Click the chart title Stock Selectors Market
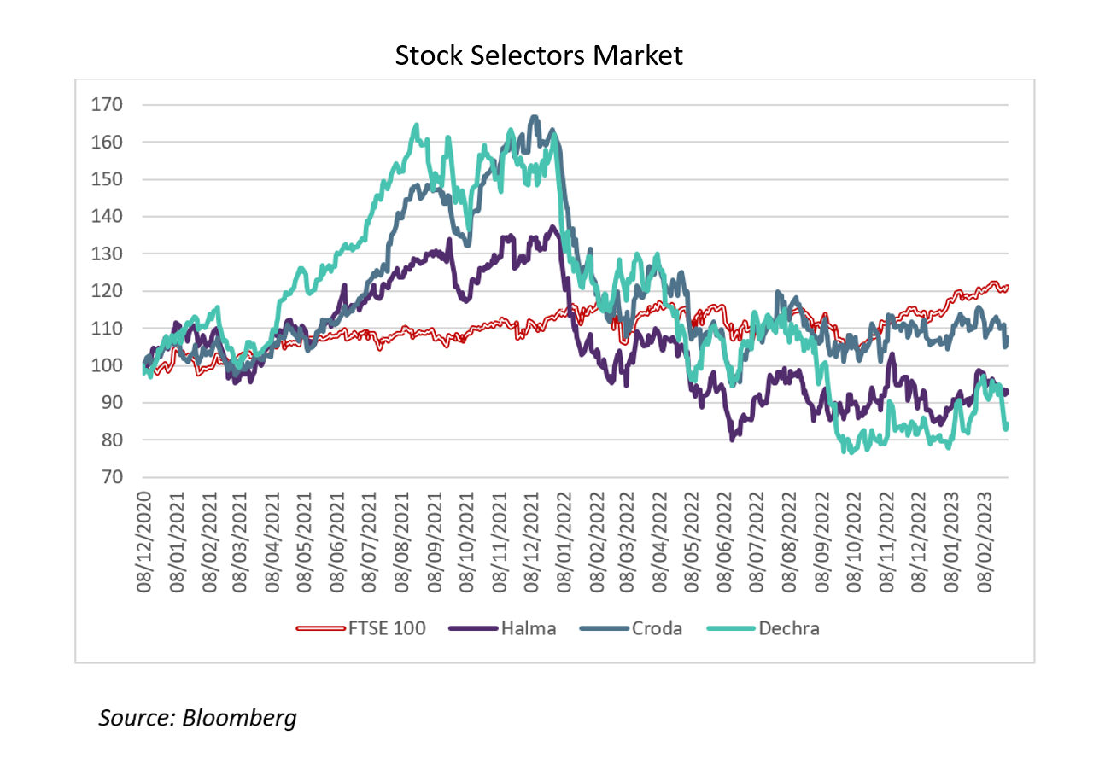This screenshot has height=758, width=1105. coord(539,56)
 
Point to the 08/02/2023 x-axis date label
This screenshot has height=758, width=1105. coord(991,541)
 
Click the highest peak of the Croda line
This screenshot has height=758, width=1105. coord(535,117)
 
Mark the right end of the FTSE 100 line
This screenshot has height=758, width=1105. coord(1009,287)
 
